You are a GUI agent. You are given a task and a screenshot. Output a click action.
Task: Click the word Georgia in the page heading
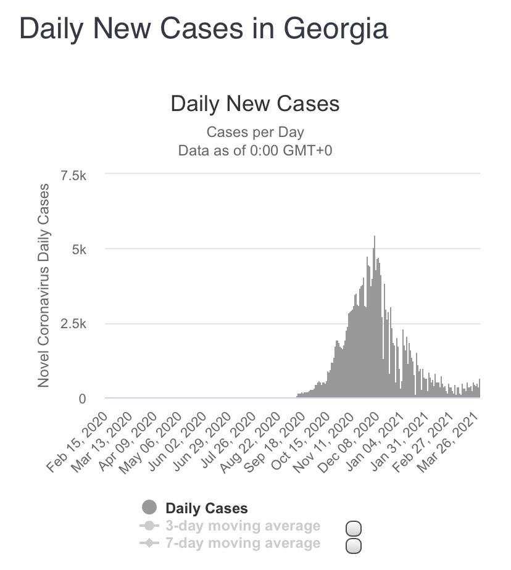click(x=335, y=29)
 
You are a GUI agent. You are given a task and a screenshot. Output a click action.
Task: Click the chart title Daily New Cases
click(x=255, y=103)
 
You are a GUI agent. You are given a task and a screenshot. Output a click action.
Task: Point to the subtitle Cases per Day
click(x=255, y=131)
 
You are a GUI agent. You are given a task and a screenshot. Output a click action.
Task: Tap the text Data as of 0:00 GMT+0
click(x=255, y=151)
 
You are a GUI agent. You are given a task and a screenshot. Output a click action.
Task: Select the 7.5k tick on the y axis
click(x=74, y=175)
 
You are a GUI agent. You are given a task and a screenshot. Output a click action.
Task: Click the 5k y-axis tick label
click(x=80, y=249)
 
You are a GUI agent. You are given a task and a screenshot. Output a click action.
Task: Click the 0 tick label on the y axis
click(x=82, y=399)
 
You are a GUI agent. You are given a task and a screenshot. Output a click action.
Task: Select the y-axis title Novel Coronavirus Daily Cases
click(x=44, y=285)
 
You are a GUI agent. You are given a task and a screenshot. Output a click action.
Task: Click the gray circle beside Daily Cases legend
click(x=149, y=508)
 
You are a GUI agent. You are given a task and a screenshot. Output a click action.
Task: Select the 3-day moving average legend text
click(x=243, y=526)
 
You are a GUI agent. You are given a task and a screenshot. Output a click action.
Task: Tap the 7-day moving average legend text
click(x=243, y=543)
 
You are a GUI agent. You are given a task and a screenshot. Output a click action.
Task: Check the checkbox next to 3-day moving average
click(x=354, y=529)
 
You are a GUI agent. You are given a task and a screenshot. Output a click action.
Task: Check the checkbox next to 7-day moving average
click(x=354, y=546)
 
